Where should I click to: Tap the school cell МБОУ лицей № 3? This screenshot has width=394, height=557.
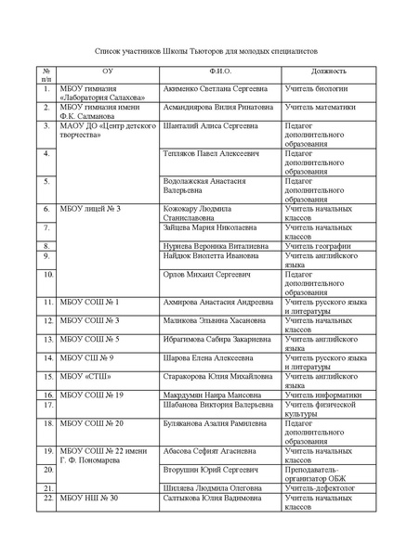point(90,209)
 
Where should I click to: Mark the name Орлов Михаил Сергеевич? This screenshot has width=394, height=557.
point(207,276)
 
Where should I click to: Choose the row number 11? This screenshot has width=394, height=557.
point(46,303)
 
